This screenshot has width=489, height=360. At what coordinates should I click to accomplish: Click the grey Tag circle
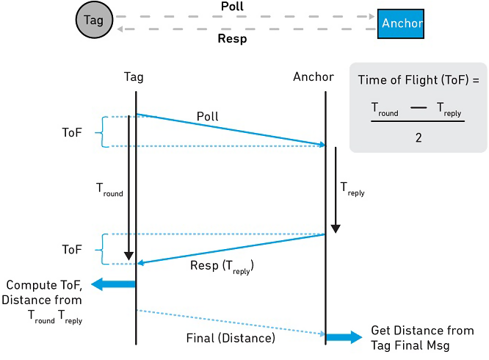(x=94, y=20)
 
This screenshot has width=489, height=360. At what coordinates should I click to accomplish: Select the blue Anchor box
(x=401, y=24)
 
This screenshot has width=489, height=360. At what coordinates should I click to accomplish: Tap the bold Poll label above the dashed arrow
(x=232, y=6)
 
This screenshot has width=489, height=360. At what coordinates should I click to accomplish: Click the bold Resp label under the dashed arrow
(x=232, y=39)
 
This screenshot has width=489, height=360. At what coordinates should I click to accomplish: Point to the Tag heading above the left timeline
(x=134, y=77)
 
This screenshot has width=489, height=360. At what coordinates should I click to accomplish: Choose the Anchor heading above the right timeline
(x=314, y=76)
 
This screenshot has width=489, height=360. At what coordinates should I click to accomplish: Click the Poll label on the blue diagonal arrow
(x=207, y=116)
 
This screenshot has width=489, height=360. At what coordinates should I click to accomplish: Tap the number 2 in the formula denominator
(x=419, y=137)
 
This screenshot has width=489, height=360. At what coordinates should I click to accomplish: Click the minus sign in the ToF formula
(x=419, y=107)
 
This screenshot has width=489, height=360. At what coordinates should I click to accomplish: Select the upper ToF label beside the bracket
(x=72, y=132)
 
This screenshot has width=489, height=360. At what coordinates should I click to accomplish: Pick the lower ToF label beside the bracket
(x=72, y=250)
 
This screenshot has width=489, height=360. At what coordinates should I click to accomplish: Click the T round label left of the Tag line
(x=109, y=190)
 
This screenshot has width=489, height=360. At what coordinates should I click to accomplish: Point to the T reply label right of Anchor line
(x=352, y=189)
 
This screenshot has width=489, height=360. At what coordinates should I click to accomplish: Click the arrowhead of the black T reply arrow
(x=336, y=228)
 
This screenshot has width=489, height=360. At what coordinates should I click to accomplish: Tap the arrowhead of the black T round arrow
(x=128, y=256)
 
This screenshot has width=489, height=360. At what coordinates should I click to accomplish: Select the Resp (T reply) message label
(x=222, y=267)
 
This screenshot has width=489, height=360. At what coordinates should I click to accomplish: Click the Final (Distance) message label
(x=231, y=338)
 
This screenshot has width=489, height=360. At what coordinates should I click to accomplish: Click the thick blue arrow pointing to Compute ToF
(x=113, y=284)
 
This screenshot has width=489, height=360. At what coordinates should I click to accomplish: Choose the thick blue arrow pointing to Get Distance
(x=344, y=337)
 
